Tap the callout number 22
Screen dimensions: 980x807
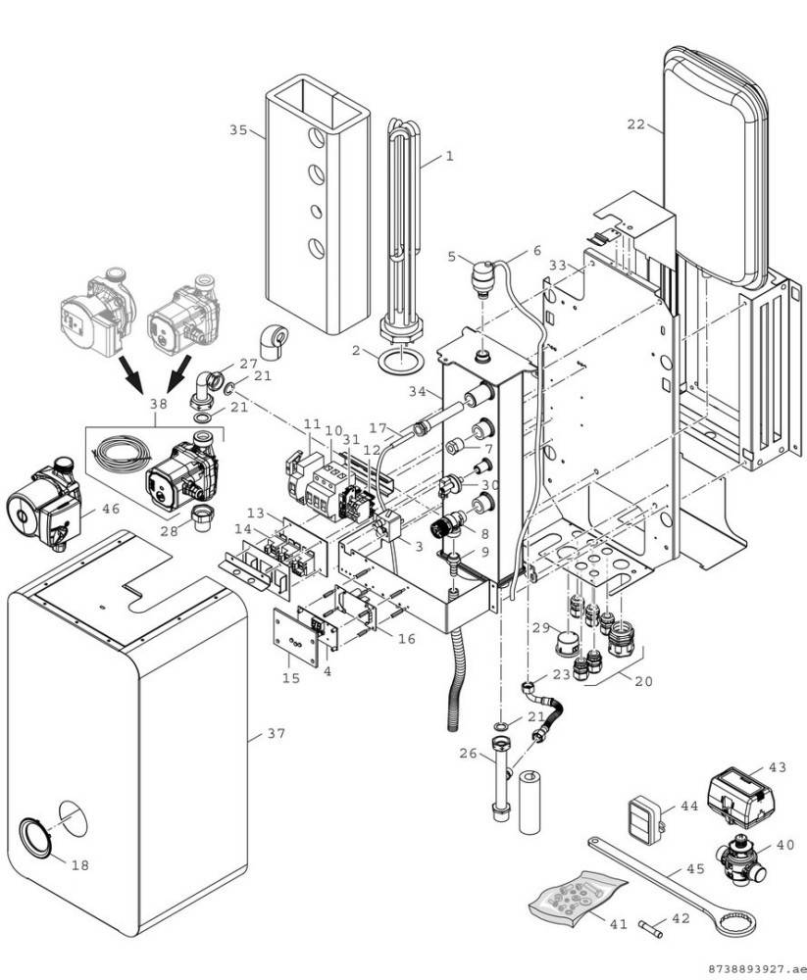click(x=636, y=124)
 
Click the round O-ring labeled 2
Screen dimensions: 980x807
click(x=396, y=363)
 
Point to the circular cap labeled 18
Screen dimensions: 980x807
click(x=36, y=841)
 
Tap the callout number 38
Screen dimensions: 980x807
click(x=159, y=403)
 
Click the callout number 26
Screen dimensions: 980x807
click(x=467, y=754)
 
